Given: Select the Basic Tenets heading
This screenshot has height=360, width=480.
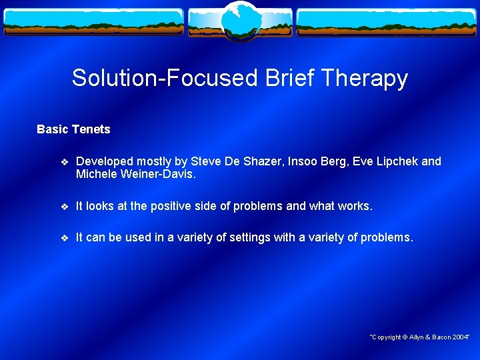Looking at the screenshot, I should (x=73, y=129).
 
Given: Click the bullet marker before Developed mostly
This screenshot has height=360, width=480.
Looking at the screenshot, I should (x=64, y=162).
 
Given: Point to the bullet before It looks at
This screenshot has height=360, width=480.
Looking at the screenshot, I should (x=64, y=207).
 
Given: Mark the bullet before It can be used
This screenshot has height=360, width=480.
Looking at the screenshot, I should (x=64, y=237).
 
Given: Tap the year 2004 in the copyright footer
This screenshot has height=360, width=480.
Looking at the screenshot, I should (x=460, y=337).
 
